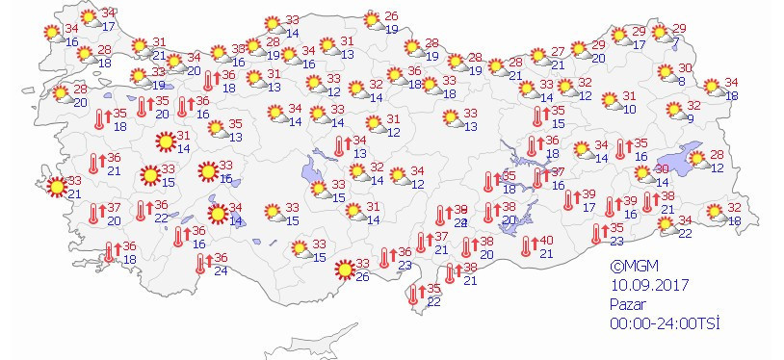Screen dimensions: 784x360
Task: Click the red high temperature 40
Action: [x=545, y=241]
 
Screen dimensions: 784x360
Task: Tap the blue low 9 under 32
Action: [x=691, y=118]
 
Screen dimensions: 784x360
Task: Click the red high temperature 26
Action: [x=390, y=16]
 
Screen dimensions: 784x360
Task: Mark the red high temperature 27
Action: [x=558, y=51]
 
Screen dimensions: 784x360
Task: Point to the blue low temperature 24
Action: [x=221, y=270]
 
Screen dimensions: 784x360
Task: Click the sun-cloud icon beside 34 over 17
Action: [x=90, y=17]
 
